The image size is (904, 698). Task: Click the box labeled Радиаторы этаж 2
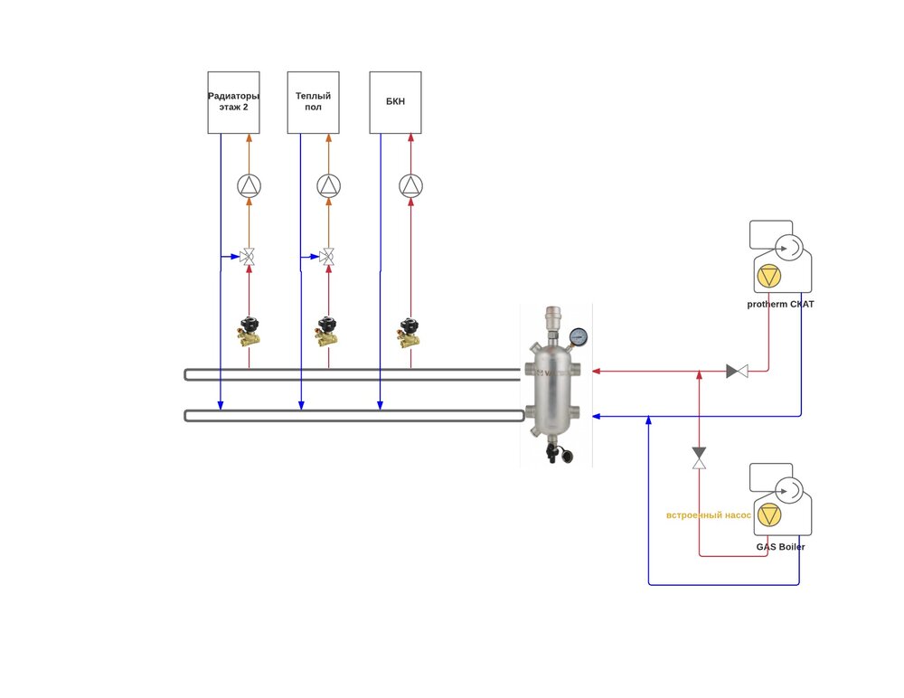click(233, 102)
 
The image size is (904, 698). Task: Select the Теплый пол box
click(313, 102)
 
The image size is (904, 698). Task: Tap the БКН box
click(395, 102)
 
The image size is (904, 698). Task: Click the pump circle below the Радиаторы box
click(249, 186)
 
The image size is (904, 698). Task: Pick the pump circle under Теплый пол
click(329, 186)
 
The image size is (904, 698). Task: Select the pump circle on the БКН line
click(410, 186)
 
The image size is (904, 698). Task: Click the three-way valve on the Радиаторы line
click(249, 258)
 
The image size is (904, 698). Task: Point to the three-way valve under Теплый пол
click(329, 258)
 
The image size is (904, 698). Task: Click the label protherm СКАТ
click(780, 305)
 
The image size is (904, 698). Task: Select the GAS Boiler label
click(780, 547)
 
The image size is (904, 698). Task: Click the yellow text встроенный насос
click(709, 515)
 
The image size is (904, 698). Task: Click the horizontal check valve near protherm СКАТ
click(737, 371)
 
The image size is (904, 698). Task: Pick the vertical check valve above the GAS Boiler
click(699, 457)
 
